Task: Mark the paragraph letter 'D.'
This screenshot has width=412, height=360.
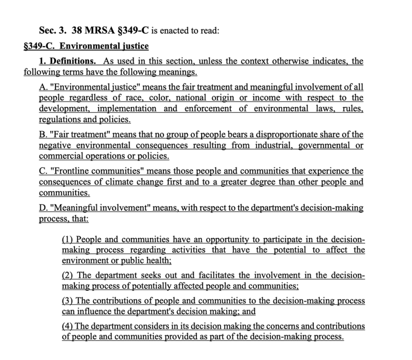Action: point(43,208)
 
